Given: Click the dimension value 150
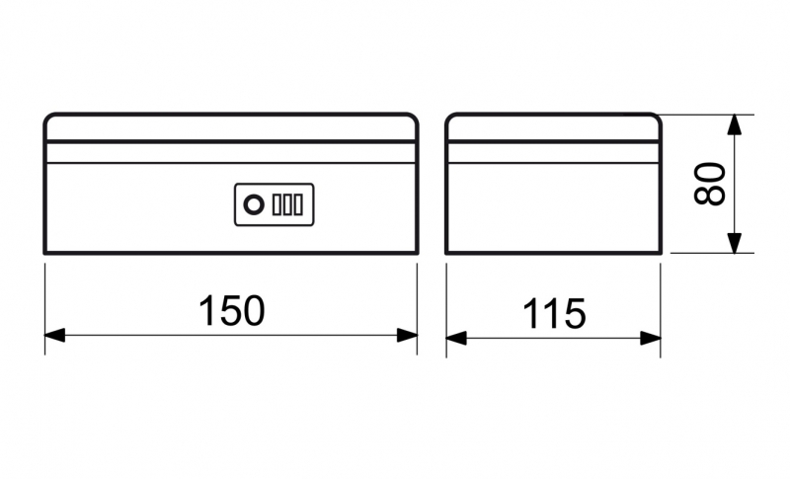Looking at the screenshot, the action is pyautogui.click(x=232, y=311).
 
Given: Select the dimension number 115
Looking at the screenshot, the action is pyautogui.click(x=554, y=314).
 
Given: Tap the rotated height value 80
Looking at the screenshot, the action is pyautogui.click(x=709, y=184).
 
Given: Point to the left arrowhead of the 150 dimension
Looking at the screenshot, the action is pyautogui.click(x=55, y=335).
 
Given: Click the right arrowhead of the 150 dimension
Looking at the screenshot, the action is pyautogui.click(x=407, y=335).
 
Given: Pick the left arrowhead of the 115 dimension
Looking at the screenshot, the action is pyautogui.click(x=456, y=338).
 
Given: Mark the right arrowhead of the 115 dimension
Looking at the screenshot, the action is pyautogui.click(x=651, y=338).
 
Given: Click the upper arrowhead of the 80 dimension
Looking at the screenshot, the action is pyautogui.click(x=735, y=124).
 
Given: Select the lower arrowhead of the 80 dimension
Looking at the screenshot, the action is pyautogui.click(x=735, y=243).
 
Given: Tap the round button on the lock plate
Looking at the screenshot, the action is pyautogui.click(x=254, y=205).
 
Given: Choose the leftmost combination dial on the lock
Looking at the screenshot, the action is pyautogui.click(x=277, y=205).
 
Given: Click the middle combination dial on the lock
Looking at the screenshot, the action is pyautogui.click(x=287, y=205).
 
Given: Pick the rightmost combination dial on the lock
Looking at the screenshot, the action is pyautogui.click(x=298, y=205).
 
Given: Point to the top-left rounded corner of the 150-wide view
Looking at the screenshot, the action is pyautogui.click(x=47, y=118).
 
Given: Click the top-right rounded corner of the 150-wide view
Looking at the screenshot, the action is pyautogui.click(x=414, y=118).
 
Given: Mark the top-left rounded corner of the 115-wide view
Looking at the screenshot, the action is pyautogui.click(x=449, y=118).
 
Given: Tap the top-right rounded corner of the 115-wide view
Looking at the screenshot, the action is pyautogui.click(x=657, y=118).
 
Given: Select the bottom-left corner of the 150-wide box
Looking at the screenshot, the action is pyautogui.click(x=44, y=253).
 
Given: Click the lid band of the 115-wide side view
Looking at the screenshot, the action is pyautogui.click(x=553, y=153).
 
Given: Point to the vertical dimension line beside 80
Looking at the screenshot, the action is pyautogui.click(x=735, y=184).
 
